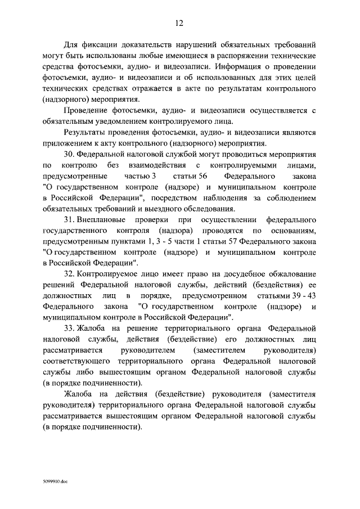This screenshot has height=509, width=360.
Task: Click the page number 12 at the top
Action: [x=179, y=22]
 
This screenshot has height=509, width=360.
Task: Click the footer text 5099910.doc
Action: [x=55, y=482]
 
